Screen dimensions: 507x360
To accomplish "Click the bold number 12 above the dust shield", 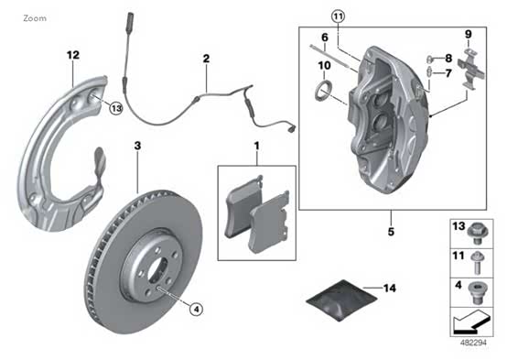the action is point(73,55).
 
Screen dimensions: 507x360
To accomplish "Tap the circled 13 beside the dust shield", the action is point(115,108).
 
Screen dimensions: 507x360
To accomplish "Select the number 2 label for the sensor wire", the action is point(206,59).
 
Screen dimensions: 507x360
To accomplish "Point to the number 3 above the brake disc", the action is point(138,146).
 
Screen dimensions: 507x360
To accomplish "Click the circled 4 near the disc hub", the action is point(196,310).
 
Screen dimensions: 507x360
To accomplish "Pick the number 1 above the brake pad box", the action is point(257,146).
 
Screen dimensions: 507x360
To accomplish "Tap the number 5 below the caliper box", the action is point(391,232).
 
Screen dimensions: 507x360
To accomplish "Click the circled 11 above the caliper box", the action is point(339,16).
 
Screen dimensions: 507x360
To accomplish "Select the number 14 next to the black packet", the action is point(389,288).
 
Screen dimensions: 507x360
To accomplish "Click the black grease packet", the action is point(341,300).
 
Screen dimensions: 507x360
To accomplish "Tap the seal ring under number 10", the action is point(323,91).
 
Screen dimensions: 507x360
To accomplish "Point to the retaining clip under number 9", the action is point(471,69).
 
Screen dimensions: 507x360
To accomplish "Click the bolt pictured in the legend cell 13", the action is point(478,234).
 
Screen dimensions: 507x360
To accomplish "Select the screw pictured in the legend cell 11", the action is point(478,263).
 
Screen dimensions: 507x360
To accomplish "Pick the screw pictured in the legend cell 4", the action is point(478,292).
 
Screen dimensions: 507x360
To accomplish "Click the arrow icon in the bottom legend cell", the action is point(471,322).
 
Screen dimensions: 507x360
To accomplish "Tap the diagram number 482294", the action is point(473,343).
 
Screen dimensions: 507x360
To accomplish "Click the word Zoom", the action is point(35,18).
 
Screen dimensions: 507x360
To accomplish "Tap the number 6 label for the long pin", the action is point(325,38).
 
